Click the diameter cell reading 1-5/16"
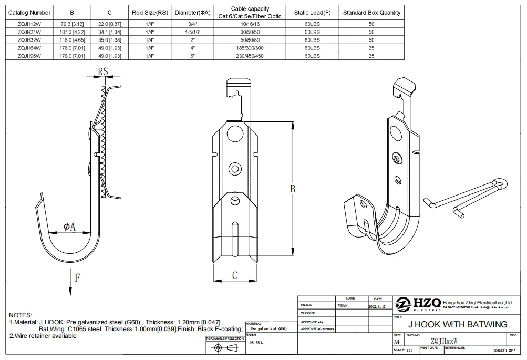pos(193,32)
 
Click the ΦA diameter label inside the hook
pos(69,227)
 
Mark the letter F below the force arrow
pos(77,277)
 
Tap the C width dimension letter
pos(235,275)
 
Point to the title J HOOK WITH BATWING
pos(458,324)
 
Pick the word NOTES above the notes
pos(20,314)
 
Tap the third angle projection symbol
pos(225,348)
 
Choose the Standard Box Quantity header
pos(371,13)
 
